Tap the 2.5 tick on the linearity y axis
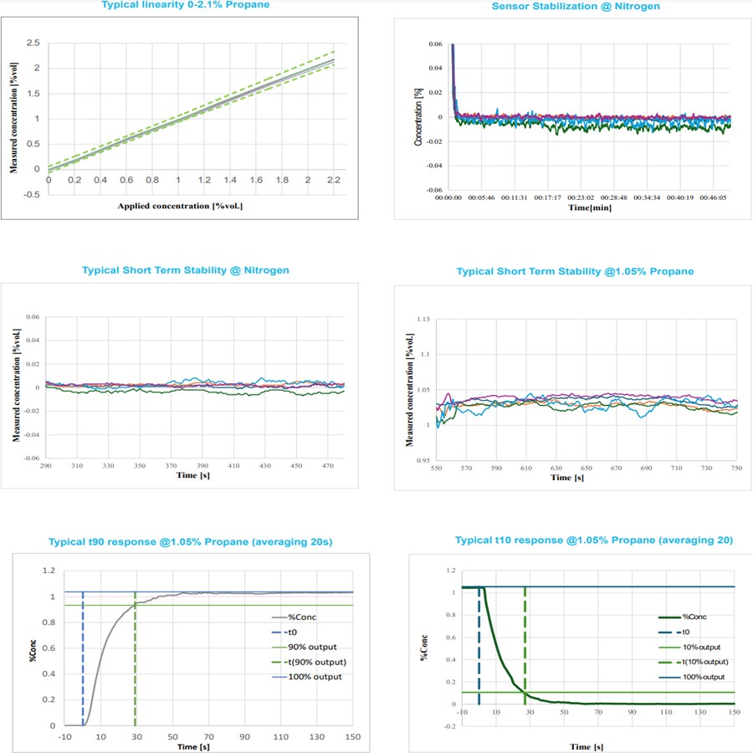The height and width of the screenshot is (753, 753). pyautogui.click(x=34, y=43)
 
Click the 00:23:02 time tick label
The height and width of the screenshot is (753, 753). pyautogui.click(x=583, y=199)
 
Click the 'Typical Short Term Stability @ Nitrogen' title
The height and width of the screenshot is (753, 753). pyautogui.click(x=186, y=270)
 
